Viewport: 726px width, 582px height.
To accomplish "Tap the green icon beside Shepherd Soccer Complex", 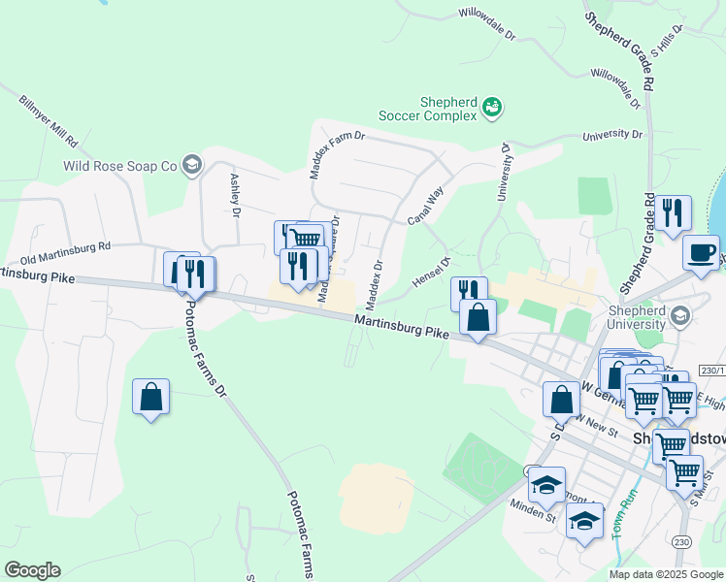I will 492,106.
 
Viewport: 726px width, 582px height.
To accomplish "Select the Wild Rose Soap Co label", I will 119,166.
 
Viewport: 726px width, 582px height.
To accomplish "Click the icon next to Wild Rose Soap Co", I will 191,165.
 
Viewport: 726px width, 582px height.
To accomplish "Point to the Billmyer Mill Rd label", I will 49,120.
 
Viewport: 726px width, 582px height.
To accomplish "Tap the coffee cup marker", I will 701,253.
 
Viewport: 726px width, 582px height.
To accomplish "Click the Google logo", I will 32,570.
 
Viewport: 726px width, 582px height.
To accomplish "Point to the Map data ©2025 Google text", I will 666,574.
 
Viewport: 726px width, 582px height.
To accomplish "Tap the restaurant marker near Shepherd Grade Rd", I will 673,212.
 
